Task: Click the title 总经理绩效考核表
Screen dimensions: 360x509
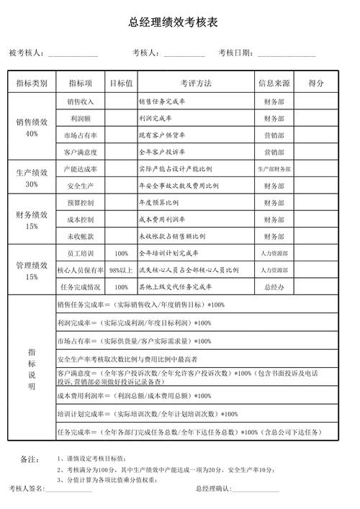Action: pyautogui.click(x=180, y=23)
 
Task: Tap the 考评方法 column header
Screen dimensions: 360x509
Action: pyautogui.click(x=196, y=84)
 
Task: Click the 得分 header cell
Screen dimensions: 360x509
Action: pyautogui.click(x=316, y=84)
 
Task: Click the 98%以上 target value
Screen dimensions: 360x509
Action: pyautogui.click(x=121, y=270)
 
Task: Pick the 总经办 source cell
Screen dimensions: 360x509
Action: pyautogui.click(x=274, y=287)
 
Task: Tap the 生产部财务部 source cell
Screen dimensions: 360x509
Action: pyautogui.click(x=274, y=168)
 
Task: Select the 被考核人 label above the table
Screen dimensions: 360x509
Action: pyautogui.click(x=27, y=53)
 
